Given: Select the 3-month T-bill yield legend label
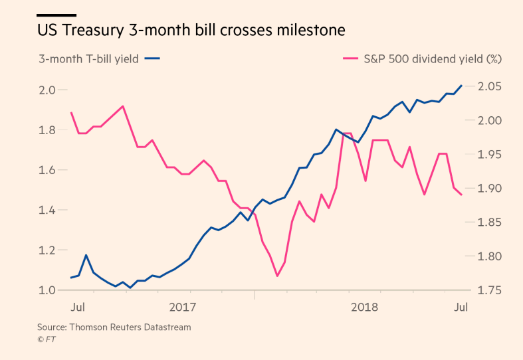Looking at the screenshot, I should tap(88, 58).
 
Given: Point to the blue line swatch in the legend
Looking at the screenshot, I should tap(152, 58).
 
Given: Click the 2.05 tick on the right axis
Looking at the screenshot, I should tap(489, 86).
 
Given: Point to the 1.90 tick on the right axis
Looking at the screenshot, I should tap(489, 189).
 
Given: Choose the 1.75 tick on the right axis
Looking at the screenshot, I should tap(489, 290).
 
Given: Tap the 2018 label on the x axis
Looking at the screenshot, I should tap(364, 307).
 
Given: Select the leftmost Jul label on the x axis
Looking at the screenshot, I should tap(78, 307).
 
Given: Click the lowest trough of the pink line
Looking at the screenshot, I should tap(276, 276).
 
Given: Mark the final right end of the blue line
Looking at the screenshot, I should tap(462, 85).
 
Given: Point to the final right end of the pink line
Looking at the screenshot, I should tap(462, 194).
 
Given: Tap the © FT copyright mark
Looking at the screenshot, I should tap(46, 339).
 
